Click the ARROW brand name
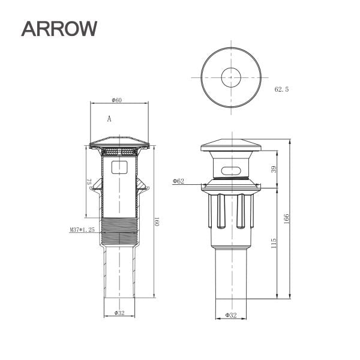(59, 29)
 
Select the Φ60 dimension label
(116, 100)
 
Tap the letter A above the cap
(109, 119)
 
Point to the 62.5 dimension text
(282, 89)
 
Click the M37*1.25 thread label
(82, 230)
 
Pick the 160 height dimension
(157, 221)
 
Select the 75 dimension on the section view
(89, 182)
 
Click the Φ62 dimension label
(178, 181)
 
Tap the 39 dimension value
(274, 169)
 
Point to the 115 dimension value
(274, 243)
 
